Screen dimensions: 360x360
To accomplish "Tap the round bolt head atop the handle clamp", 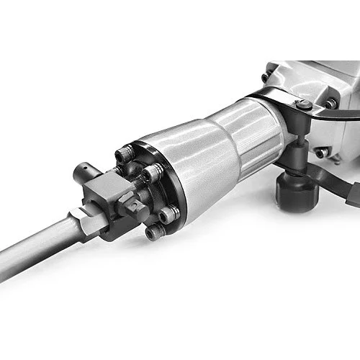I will tap(303, 105).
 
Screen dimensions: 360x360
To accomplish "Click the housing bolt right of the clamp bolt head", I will tap(330, 104).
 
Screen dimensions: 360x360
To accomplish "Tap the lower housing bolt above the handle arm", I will tap(320, 153).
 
